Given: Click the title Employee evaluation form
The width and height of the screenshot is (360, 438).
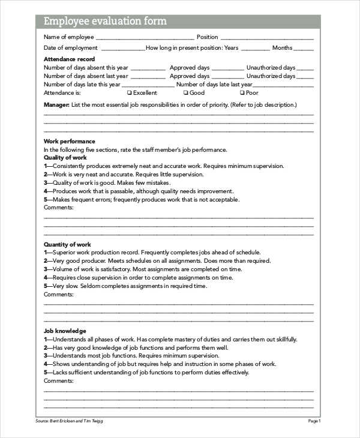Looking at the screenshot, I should [x=105, y=22].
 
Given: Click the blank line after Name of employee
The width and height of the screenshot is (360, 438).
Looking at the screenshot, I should [x=145, y=38].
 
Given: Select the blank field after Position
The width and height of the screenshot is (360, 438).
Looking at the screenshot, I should [x=267, y=38].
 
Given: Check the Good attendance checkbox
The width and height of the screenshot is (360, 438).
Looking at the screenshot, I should [x=185, y=93].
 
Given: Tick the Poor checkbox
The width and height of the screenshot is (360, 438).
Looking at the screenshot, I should [x=242, y=93].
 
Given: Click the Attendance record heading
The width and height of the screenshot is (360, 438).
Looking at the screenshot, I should [x=69, y=59].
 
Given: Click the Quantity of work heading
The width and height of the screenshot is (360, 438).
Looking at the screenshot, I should [x=67, y=244].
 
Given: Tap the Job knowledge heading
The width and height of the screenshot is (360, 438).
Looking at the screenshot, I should [x=65, y=331].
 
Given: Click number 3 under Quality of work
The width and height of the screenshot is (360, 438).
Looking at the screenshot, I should [x=46, y=183].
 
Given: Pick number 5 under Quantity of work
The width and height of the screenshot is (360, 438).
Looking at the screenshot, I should [x=46, y=286].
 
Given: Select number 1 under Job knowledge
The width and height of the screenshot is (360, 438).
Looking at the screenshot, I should [x=46, y=339].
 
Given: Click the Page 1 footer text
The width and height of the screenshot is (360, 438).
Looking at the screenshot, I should [x=314, y=421].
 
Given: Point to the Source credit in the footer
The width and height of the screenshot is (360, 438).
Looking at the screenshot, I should [x=69, y=421].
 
